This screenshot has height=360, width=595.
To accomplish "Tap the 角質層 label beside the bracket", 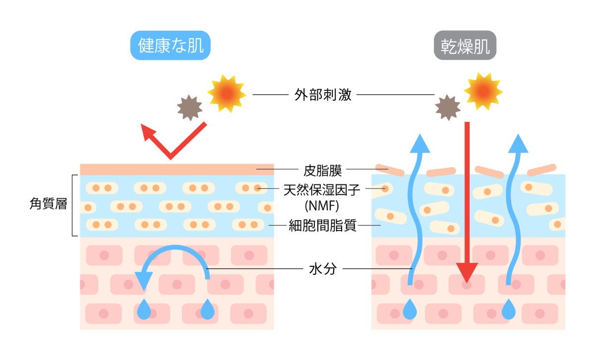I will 48,204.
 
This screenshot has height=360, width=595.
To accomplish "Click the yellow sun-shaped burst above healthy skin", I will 227,93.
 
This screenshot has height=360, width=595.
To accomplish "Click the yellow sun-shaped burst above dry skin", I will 483,91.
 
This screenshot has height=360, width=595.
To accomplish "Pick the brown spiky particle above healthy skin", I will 190,107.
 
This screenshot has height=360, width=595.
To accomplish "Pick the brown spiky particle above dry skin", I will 448,108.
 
